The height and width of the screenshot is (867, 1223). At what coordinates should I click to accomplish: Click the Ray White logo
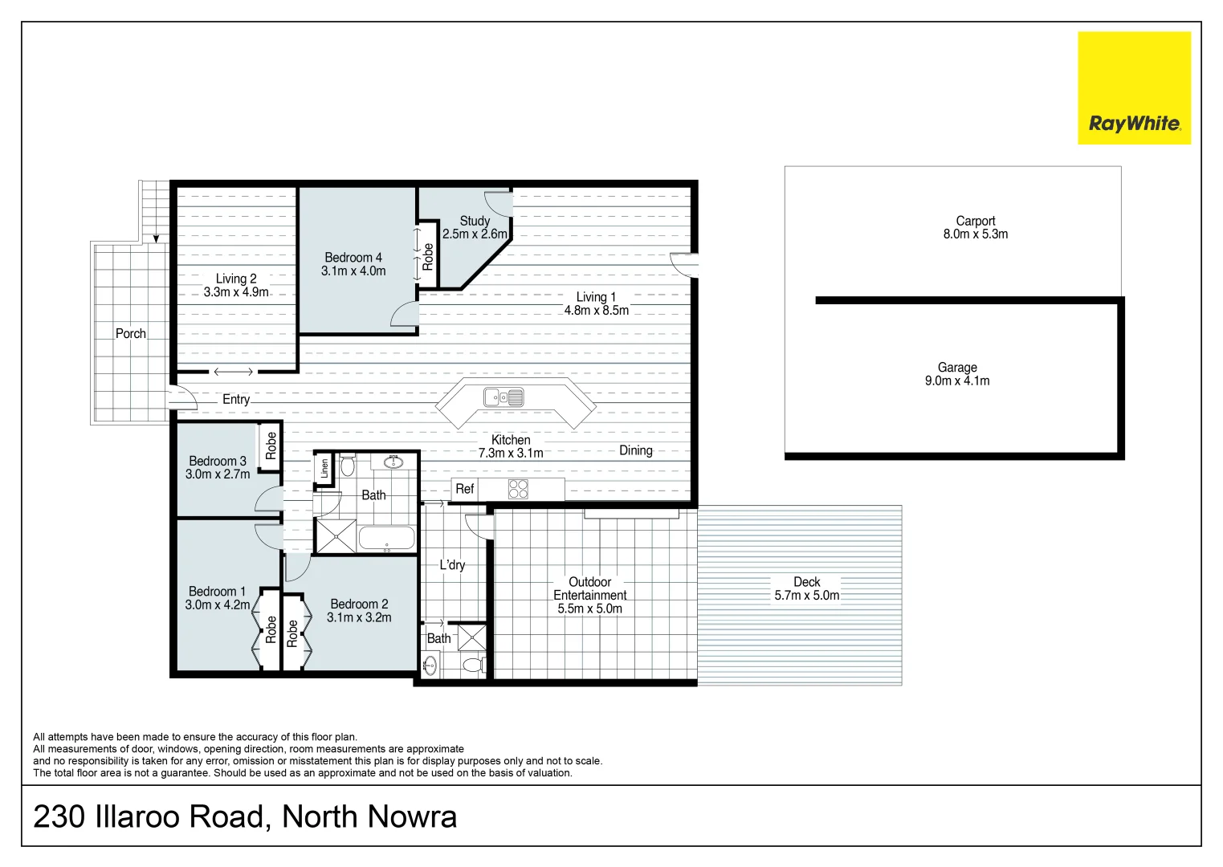point(1134,88)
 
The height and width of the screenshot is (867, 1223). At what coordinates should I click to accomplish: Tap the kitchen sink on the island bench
point(503,397)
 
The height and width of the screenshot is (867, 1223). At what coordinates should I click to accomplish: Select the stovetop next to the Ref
point(518,489)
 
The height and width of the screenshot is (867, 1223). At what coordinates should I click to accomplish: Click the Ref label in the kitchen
point(464,489)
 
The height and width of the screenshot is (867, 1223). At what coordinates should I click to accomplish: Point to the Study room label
point(475,221)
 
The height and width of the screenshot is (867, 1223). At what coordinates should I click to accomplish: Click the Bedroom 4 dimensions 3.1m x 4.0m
point(353,271)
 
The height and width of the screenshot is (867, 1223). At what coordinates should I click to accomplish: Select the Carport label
point(975,221)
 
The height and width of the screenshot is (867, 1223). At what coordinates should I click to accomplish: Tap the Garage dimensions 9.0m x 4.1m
point(956,381)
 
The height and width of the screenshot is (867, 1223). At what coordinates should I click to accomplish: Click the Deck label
point(806,582)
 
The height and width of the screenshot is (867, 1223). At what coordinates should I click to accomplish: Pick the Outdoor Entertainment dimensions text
point(589,609)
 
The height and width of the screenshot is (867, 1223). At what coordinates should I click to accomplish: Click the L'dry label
point(452,565)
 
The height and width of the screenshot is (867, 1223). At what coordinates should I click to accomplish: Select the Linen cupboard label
point(324,469)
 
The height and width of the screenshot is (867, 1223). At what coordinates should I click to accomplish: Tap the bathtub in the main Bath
point(386,538)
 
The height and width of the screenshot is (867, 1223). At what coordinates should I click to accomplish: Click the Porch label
point(131,333)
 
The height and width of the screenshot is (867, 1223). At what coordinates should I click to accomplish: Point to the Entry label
point(236,400)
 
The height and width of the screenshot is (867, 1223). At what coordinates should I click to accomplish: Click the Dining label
point(635,450)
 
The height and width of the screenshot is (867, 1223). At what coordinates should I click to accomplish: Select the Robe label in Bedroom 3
point(271,446)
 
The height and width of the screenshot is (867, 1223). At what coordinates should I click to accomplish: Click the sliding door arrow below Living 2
point(234,372)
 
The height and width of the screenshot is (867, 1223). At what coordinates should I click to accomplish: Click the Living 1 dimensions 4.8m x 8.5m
point(596,311)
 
